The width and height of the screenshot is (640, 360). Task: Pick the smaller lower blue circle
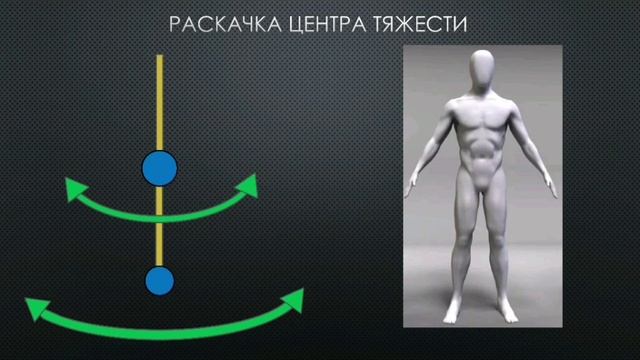pyautogui.click(x=159, y=280)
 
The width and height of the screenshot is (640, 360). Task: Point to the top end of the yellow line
pyautogui.click(x=159, y=57)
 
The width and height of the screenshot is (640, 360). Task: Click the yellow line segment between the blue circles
pyautogui.click(x=159, y=225)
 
